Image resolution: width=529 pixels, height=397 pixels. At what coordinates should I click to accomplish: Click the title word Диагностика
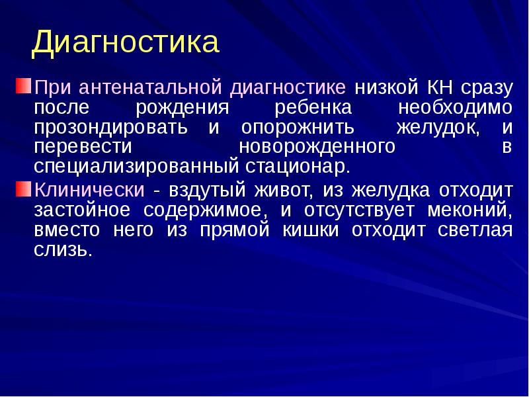(125, 42)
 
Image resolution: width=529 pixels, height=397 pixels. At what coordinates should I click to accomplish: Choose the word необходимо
(456, 107)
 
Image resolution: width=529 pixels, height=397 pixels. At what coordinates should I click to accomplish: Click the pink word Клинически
(89, 191)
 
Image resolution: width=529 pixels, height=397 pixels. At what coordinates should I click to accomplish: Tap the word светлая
(474, 230)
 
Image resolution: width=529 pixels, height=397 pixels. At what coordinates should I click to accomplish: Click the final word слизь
(61, 250)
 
